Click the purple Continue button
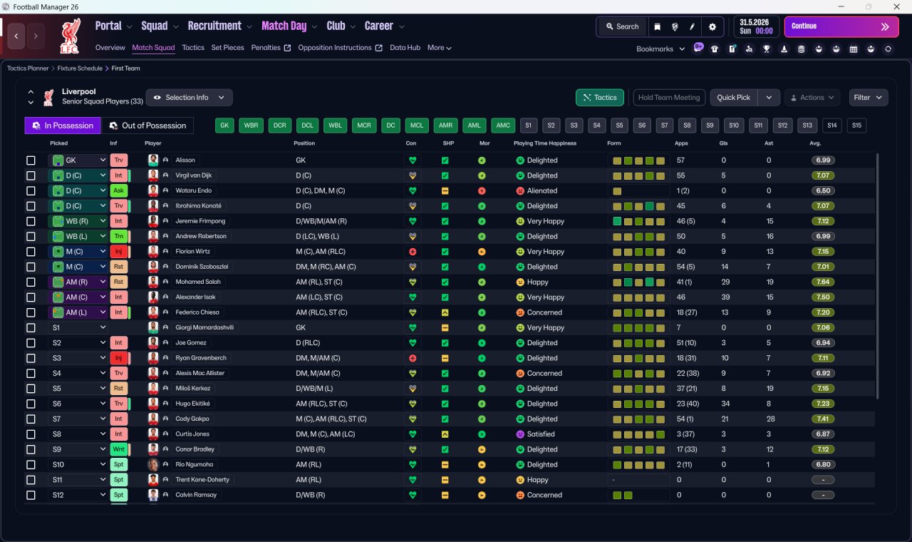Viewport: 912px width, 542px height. (841, 26)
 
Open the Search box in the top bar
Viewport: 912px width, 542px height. (622, 26)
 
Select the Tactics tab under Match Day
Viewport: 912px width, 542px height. (193, 48)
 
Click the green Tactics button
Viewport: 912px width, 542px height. (599, 98)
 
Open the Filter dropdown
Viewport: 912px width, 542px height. (868, 98)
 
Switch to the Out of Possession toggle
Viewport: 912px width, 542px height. (147, 126)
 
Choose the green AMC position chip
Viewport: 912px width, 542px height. (503, 126)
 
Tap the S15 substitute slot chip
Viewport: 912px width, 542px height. (856, 126)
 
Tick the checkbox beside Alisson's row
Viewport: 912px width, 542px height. (31, 160)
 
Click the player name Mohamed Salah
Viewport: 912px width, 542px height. (198, 282)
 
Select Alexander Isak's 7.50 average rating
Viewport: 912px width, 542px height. (823, 297)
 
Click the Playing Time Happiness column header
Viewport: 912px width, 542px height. (545, 143)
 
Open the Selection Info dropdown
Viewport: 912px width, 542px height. (189, 98)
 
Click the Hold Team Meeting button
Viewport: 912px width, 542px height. (668, 98)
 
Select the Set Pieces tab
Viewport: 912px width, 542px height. (227, 48)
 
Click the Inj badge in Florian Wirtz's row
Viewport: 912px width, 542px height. (118, 252)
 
